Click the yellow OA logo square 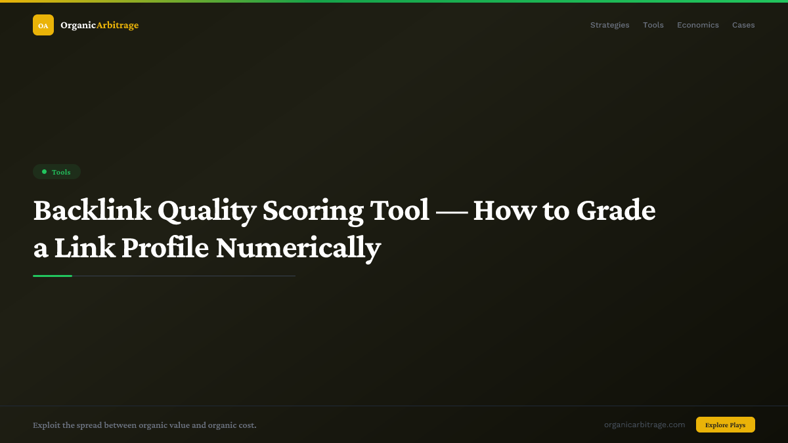pyautogui.click(x=43, y=25)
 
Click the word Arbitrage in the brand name pyautogui.click(x=118, y=25)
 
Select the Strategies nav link pyautogui.click(x=609, y=25)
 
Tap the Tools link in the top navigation pyautogui.click(x=653, y=25)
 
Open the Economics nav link pyautogui.click(x=698, y=25)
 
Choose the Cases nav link pyautogui.click(x=743, y=25)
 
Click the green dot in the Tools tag pyautogui.click(x=44, y=172)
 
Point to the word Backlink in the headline pyautogui.click(x=91, y=211)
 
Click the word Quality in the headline pyautogui.click(x=206, y=211)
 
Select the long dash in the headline pyautogui.click(x=451, y=211)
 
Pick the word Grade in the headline pyautogui.click(x=615, y=211)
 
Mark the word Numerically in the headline pyautogui.click(x=298, y=248)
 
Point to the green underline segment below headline pyautogui.click(x=53, y=276)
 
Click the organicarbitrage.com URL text pyautogui.click(x=644, y=425)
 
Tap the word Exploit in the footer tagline pyautogui.click(x=46, y=425)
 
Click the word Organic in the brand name pyautogui.click(x=78, y=25)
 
